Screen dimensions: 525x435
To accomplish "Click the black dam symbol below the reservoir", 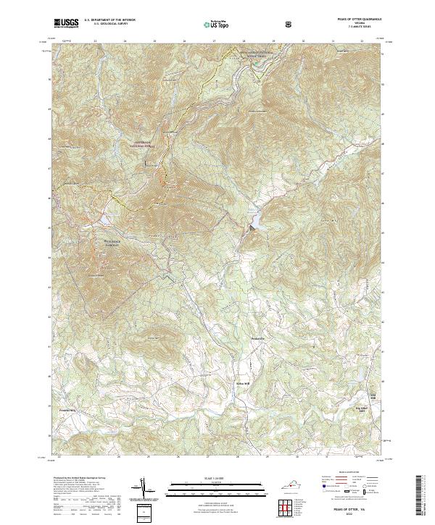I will pos(252,227).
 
